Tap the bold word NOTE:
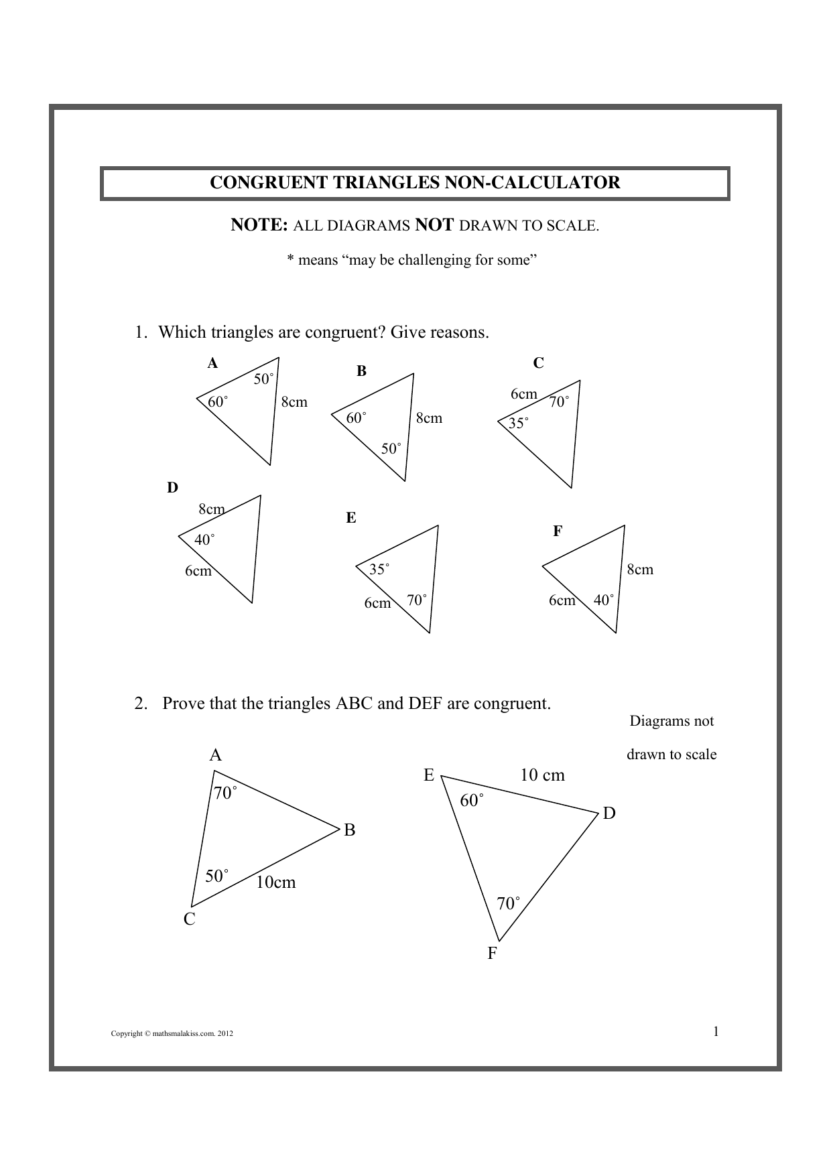[x=259, y=225]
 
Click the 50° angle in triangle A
[x=263, y=379]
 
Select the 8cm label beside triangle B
[x=429, y=418]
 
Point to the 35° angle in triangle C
[x=518, y=423]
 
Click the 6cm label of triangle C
[x=523, y=394]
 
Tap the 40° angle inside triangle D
[x=204, y=539]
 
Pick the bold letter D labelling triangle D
[x=172, y=488]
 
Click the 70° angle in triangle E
[x=416, y=600]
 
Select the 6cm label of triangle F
[x=562, y=600]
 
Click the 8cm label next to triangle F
[x=639, y=570]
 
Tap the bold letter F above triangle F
[x=557, y=531]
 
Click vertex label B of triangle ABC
[x=349, y=830]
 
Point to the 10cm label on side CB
[x=275, y=883]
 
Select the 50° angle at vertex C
[x=216, y=876]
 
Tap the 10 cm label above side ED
[x=542, y=775]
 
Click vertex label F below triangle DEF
[x=492, y=954]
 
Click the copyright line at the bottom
[x=172, y=1034]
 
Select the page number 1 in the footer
[x=715, y=1031]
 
